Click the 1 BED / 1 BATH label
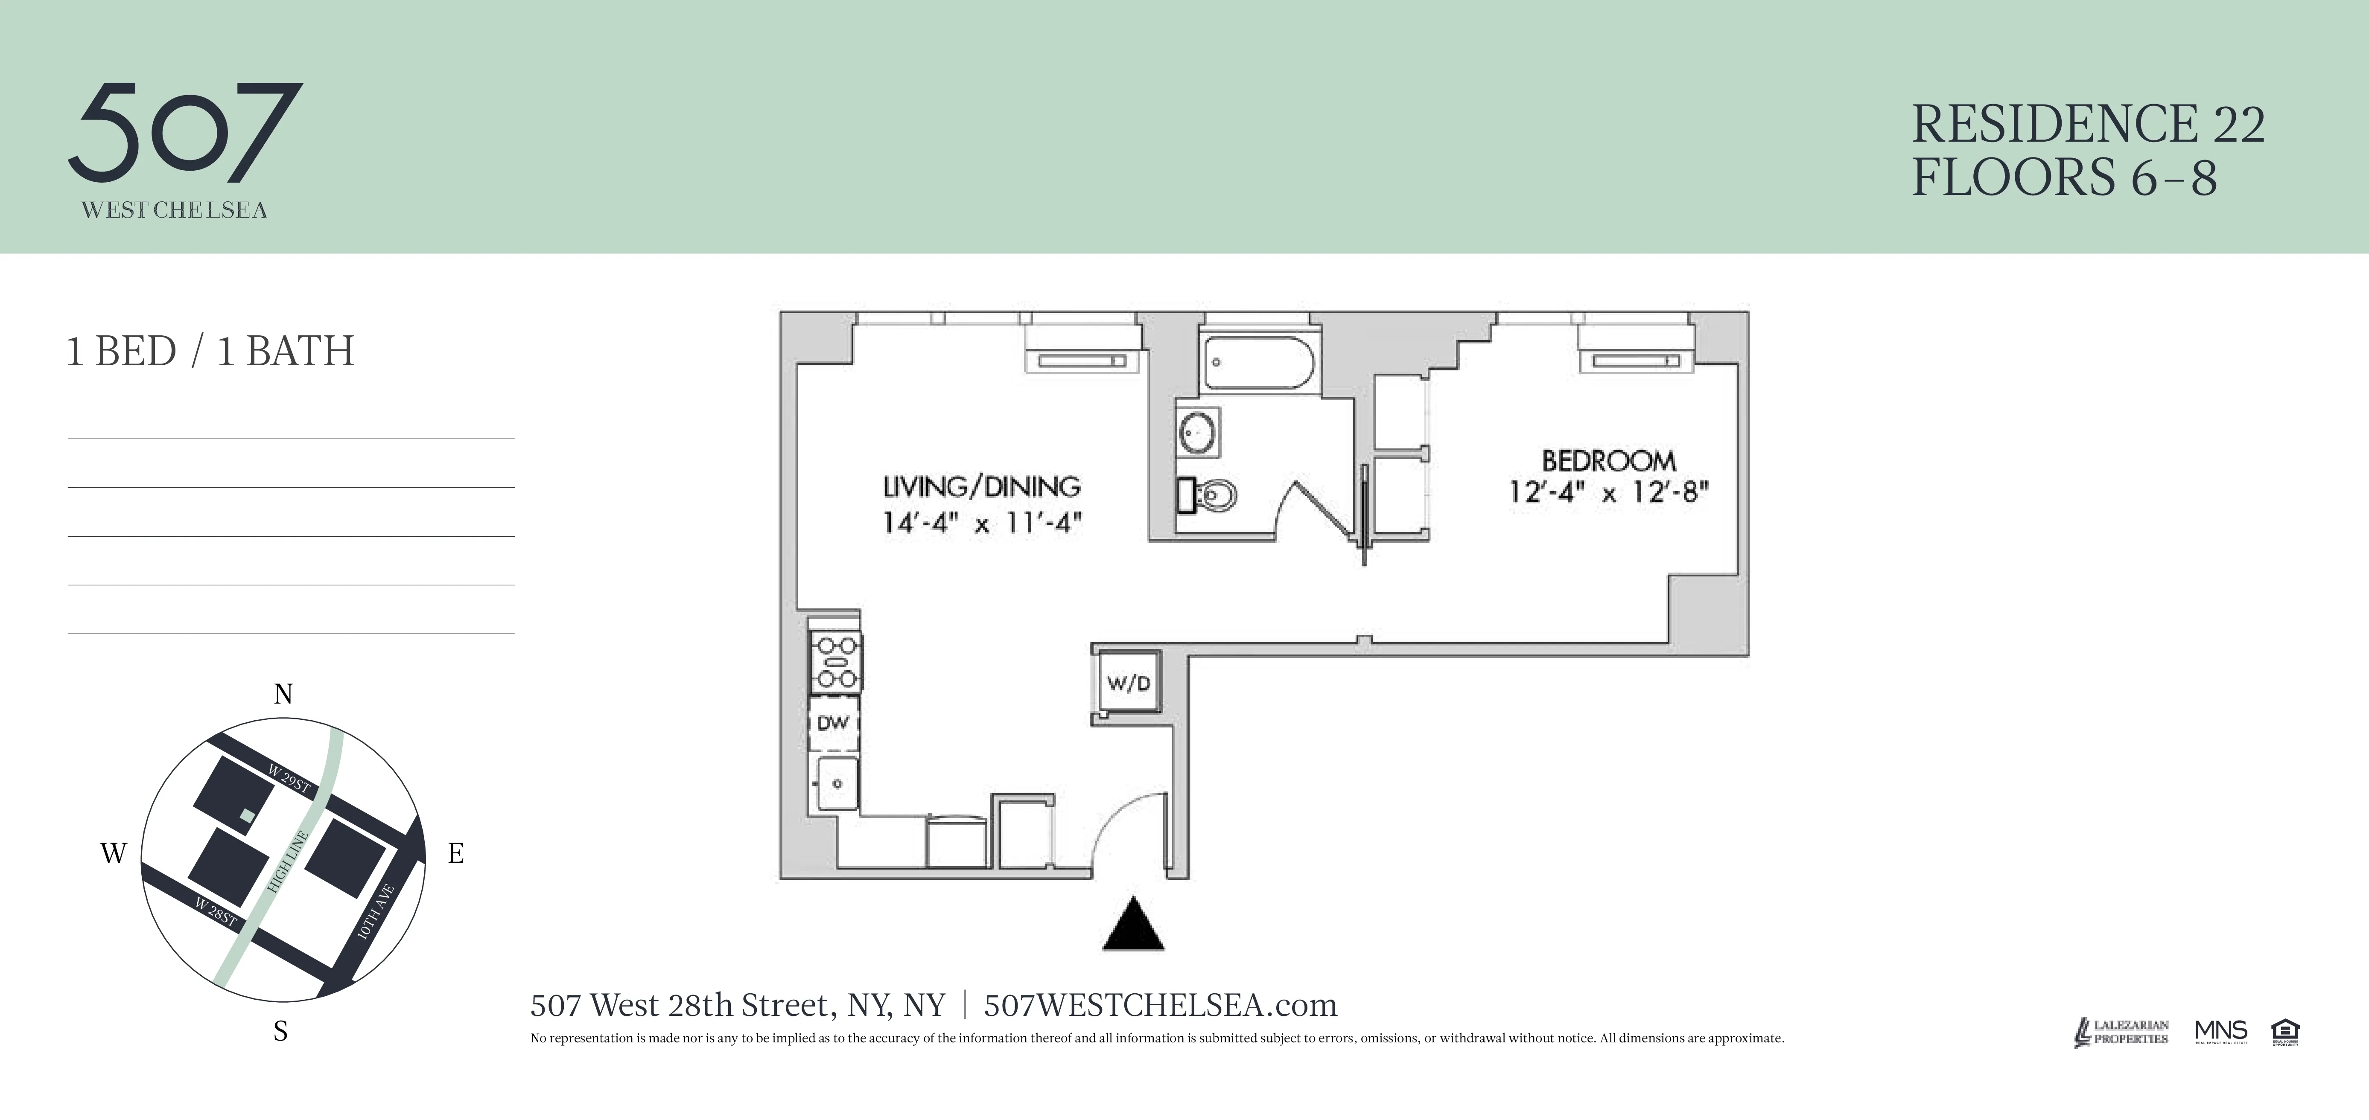pyautogui.click(x=210, y=351)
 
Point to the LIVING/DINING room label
pyautogui.click(x=981, y=486)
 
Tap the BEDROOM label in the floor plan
pyautogui.click(x=1608, y=461)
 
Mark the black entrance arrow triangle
pyautogui.click(x=1133, y=925)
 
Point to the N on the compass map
pyautogui.click(x=283, y=694)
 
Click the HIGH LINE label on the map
pyautogui.click(x=288, y=861)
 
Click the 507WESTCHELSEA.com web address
pyautogui.click(x=1160, y=1005)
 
